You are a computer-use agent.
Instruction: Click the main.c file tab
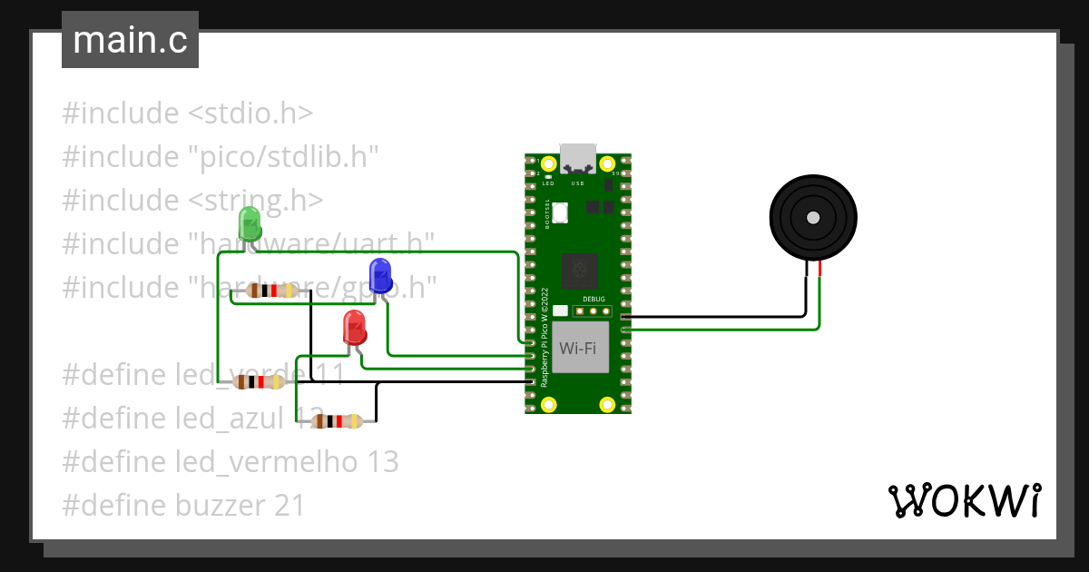tap(130, 40)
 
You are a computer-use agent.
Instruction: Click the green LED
tap(248, 222)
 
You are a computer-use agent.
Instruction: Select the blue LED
tap(379, 274)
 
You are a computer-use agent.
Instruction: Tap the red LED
tap(354, 327)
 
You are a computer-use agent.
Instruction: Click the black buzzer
tap(813, 218)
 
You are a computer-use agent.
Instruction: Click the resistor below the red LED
tap(337, 421)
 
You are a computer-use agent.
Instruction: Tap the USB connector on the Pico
tap(578, 158)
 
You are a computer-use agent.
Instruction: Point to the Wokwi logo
tap(963, 500)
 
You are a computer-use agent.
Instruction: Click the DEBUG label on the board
tap(593, 299)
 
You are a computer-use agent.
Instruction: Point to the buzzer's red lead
tap(819, 269)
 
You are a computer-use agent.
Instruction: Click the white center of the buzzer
tap(813, 217)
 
